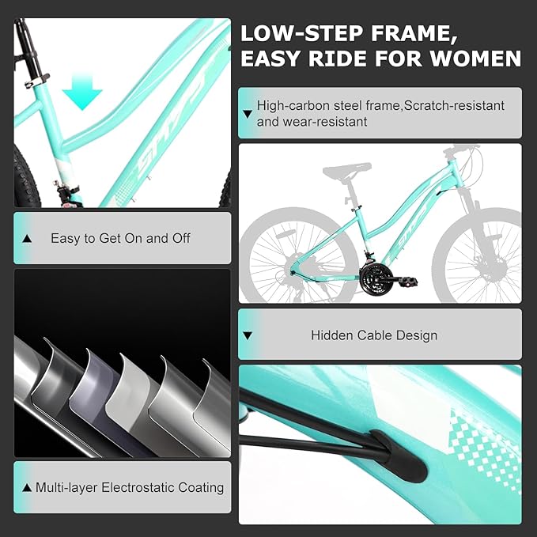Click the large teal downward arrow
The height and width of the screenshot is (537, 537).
click(82, 93)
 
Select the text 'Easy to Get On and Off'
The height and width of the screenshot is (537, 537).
click(120, 238)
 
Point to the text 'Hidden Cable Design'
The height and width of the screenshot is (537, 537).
click(374, 335)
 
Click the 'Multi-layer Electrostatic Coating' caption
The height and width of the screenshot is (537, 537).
click(129, 487)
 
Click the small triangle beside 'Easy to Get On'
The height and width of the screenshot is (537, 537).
click(28, 238)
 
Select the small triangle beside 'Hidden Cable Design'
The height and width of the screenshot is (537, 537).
click(248, 335)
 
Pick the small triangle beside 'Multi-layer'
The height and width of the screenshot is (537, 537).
click(28, 487)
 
